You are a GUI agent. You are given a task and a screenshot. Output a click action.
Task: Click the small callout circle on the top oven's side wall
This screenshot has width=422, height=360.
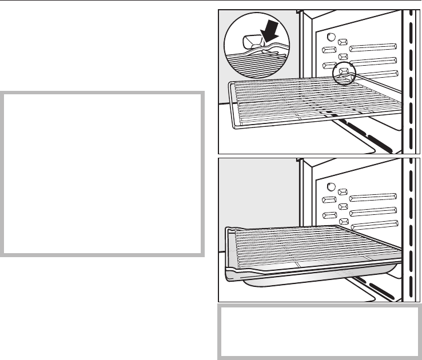click(344, 74)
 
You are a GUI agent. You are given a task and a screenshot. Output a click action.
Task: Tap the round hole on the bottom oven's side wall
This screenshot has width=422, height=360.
click(329, 186)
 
